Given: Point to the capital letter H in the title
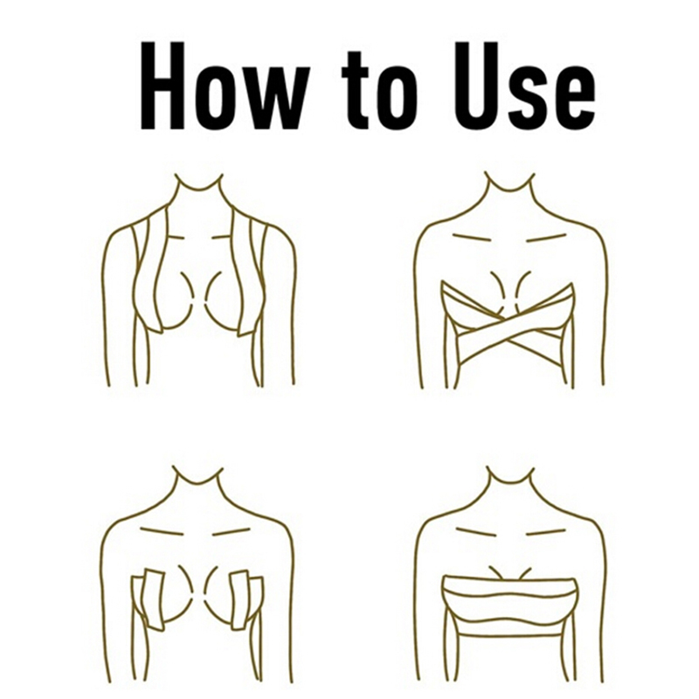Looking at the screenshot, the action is pos(163,86).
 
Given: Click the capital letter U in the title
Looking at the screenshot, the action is pos(475,86).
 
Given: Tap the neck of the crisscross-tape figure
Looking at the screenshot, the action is pos(510,187).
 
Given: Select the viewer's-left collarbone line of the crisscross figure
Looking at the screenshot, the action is pos(471,237).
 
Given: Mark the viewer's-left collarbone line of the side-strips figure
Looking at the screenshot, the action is pos(162,531).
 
